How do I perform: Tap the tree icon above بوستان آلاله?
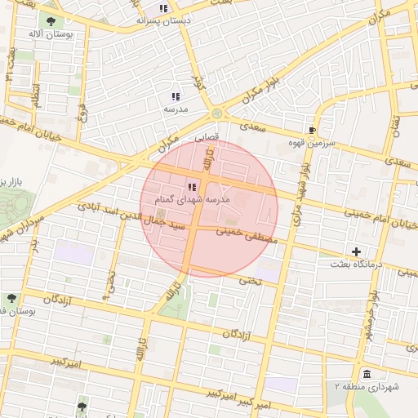click(51, 22)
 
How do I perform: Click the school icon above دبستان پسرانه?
click(163, 8)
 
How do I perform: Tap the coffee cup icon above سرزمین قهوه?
click(312, 130)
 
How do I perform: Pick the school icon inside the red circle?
click(193, 187)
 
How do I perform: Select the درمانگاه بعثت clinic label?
click(354, 265)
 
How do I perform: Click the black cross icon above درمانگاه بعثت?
click(355, 251)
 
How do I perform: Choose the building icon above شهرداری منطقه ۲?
click(364, 374)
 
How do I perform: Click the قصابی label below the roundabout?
click(205, 139)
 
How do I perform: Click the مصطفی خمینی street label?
click(248, 236)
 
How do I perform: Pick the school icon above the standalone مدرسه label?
click(175, 96)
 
